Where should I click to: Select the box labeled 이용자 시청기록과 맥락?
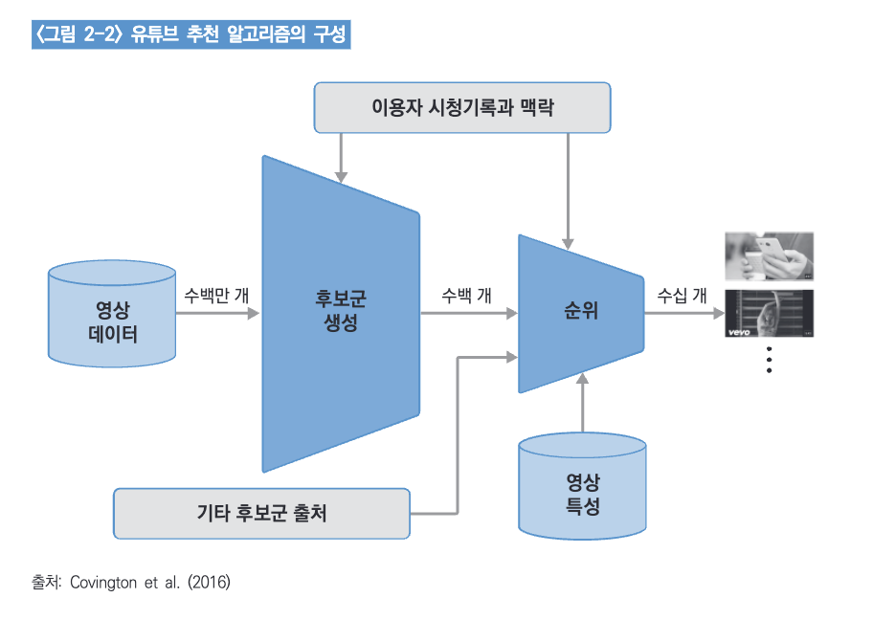[x=462, y=107]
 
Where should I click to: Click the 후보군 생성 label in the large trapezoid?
[x=341, y=311]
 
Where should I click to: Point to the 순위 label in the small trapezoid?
[x=580, y=311]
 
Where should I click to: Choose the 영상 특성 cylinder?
[x=582, y=494]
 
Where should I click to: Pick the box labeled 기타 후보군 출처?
[x=261, y=513]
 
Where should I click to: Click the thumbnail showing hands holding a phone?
[x=769, y=255]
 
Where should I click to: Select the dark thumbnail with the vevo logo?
[x=769, y=313]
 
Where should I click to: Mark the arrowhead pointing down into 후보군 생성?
[x=341, y=174]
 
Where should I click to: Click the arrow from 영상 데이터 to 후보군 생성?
[x=218, y=313]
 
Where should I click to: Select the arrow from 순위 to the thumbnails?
[x=683, y=313]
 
